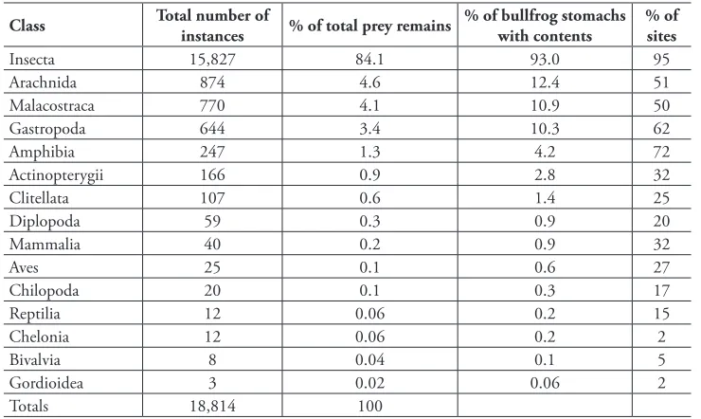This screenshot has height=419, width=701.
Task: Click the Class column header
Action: pyautogui.click(x=27, y=25)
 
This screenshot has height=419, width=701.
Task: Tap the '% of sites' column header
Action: pyautogui.click(x=661, y=26)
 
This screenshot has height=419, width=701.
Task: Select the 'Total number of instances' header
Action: pyautogui.click(x=212, y=26)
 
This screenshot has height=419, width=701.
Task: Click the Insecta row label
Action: pyautogui.click(x=32, y=59)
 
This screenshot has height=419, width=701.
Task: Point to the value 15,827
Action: pyautogui.click(x=212, y=59)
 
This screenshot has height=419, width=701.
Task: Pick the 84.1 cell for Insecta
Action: pyautogui.click(x=369, y=59)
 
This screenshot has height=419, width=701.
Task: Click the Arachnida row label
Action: pyautogui.click(x=43, y=82)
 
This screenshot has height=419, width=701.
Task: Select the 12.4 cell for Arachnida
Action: pyautogui.click(x=545, y=82)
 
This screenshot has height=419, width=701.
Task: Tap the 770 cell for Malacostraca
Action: pyautogui.click(x=212, y=105)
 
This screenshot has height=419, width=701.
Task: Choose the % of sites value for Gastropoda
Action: pyautogui.click(x=661, y=129)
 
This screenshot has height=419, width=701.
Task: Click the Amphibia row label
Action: pyautogui.click(x=42, y=152)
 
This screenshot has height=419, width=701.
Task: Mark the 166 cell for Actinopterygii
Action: pyautogui.click(x=212, y=174)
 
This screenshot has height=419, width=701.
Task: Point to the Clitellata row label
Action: pyautogui.click(x=39, y=198)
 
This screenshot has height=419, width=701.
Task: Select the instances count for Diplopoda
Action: pyautogui.click(x=212, y=222)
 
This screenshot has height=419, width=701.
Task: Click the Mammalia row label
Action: pyautogui.click(x=45, y=245)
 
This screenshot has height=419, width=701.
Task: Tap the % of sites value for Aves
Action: pyautogui.click(x=661, y=267)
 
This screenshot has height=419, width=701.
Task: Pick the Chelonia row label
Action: pyautogui.click(x=39, y=337)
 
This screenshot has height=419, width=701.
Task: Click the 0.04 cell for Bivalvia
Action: pyautogui.click(x=369, y=360)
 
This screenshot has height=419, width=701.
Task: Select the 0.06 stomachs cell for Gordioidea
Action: pyautogui.click(x=545, y=383)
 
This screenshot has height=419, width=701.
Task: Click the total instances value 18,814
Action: pyautogui.click(x=212, y=406)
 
